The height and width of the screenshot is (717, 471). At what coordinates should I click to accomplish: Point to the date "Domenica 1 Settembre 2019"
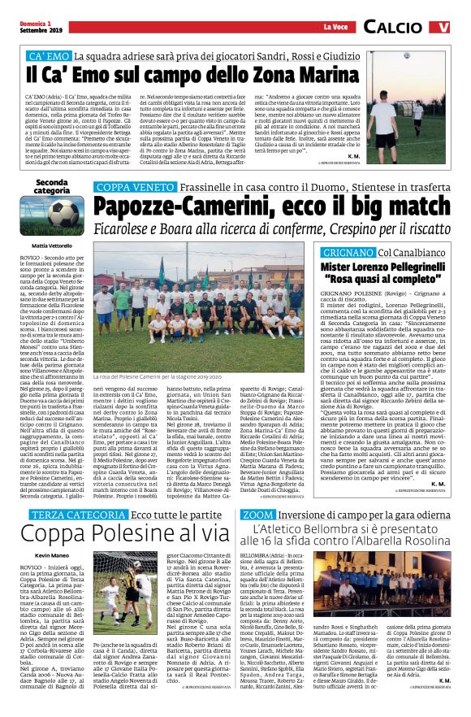coord(27,26)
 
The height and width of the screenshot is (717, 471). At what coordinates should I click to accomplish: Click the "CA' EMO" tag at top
coord(48,58)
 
